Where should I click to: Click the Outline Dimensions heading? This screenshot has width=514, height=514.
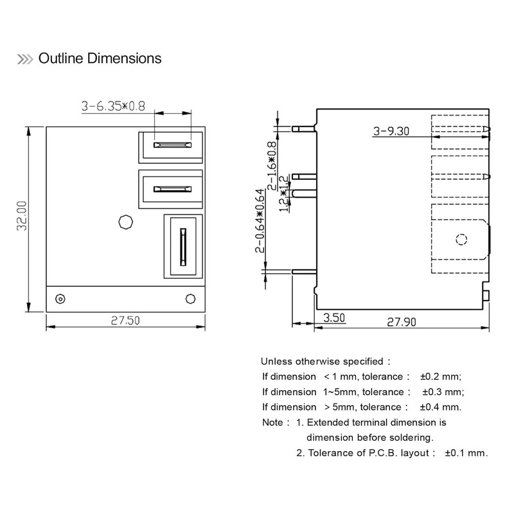coord(100,58)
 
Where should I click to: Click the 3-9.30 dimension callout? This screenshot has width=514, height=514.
coord(392,132)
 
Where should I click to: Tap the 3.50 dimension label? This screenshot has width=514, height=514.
coord(334,317)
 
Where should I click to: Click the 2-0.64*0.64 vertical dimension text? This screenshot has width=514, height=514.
coord(260,220)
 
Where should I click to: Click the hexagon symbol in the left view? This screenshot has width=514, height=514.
coord(125,222)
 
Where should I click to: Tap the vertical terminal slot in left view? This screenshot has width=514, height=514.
coord(183,246)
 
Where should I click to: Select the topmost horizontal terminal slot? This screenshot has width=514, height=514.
coord(172,145)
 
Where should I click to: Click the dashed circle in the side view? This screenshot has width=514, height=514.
coord(461,240)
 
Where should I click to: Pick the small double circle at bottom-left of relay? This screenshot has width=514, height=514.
coord(60,299)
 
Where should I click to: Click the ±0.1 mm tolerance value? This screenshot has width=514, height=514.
coord(466,453)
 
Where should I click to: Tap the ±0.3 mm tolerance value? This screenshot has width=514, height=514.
coord(443,392)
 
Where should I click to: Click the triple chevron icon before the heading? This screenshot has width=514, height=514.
coord(24,59)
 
